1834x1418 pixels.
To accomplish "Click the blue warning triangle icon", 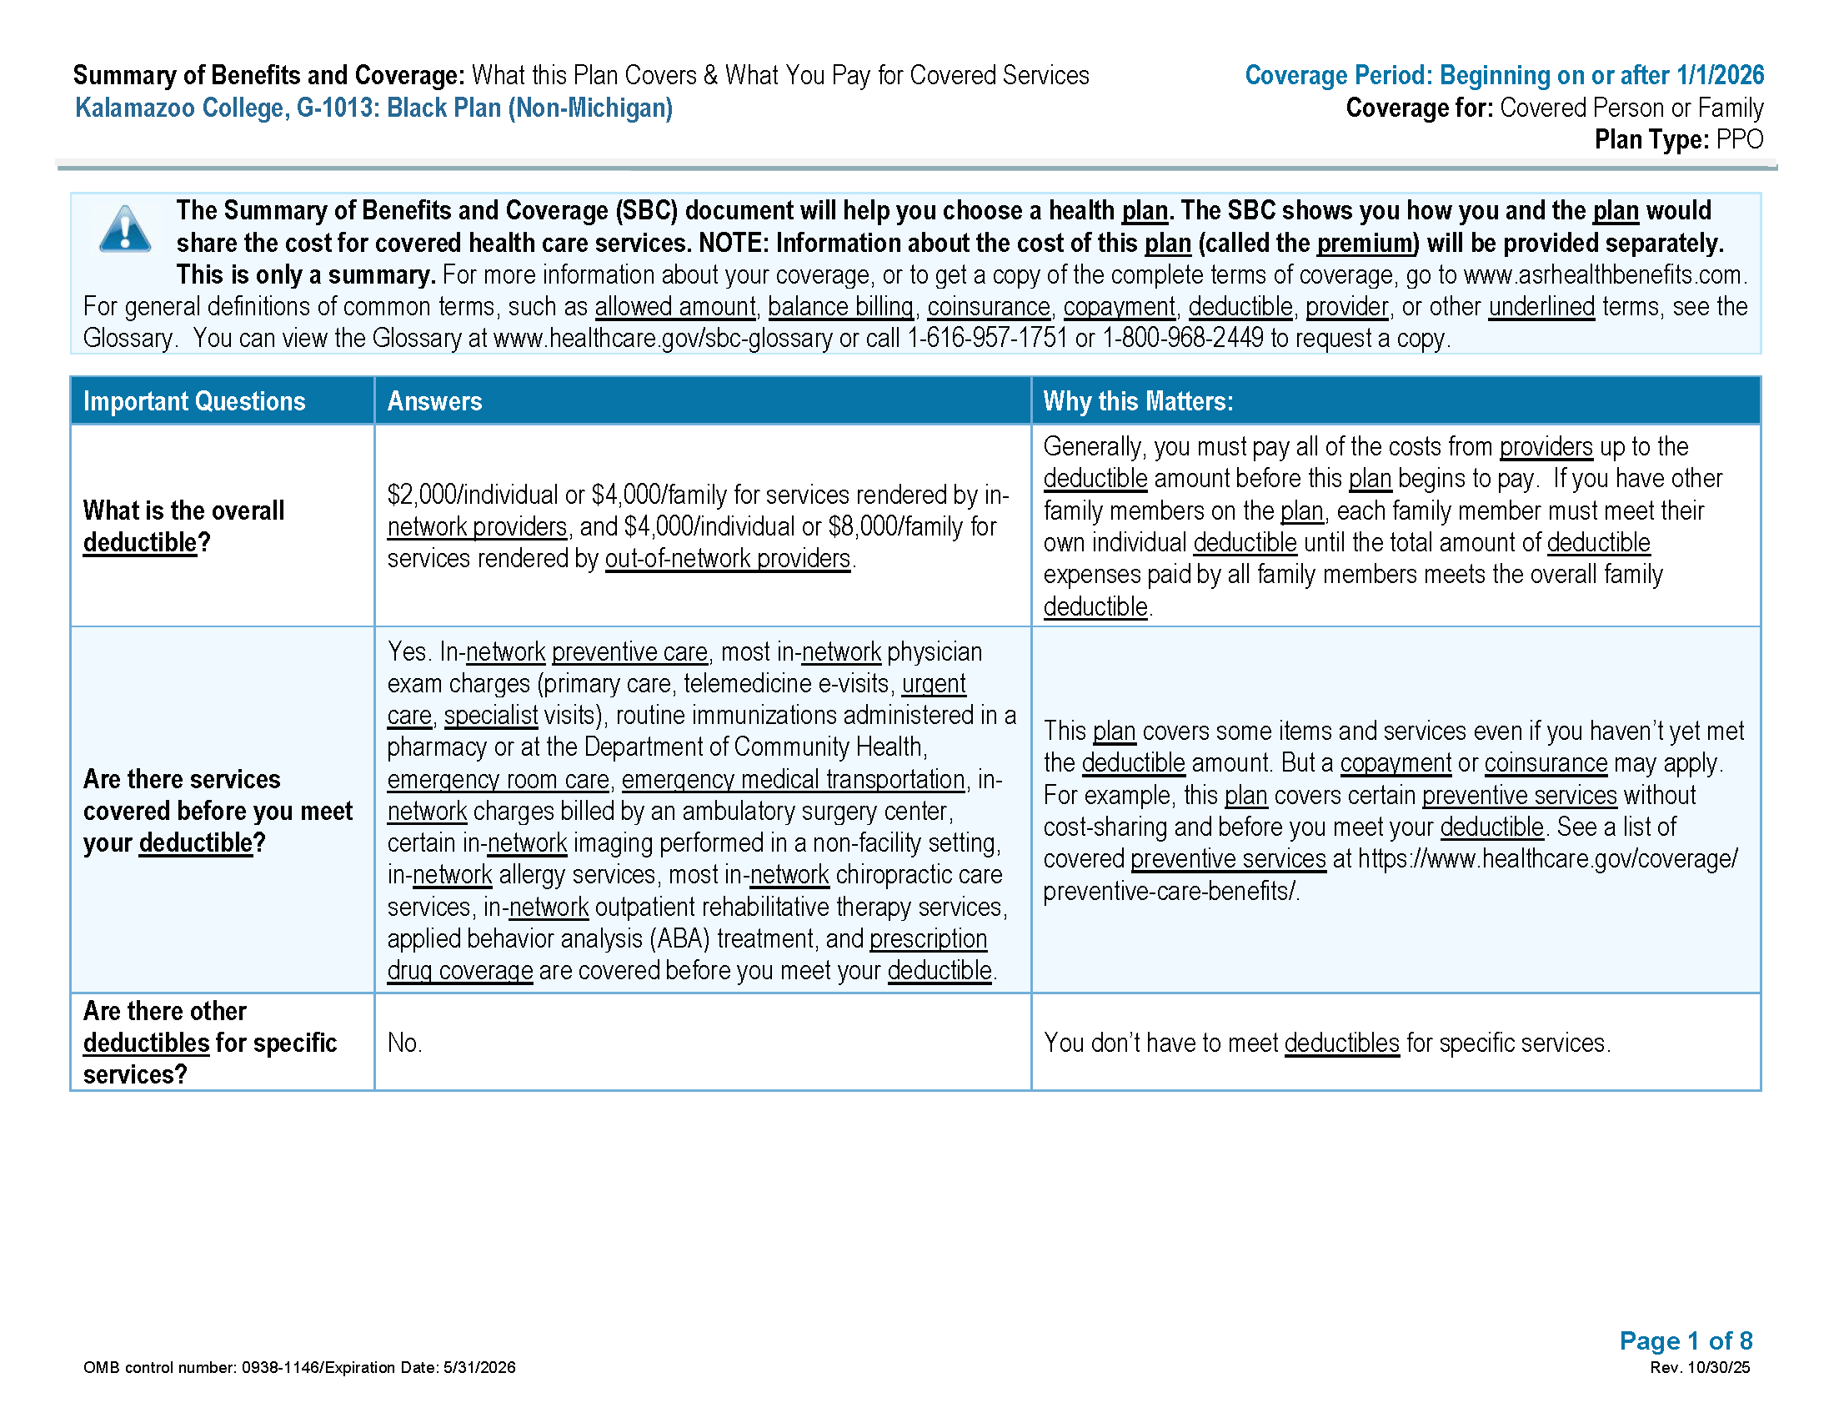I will coord(125,229).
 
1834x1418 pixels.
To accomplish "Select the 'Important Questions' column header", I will coord(194,401).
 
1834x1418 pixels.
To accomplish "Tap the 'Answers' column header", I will coord(434,401).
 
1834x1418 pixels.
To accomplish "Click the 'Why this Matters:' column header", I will coord(1138,401).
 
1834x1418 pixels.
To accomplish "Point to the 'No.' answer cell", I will coord(405,1043).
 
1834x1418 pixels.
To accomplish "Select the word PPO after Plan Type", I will coord(1739,139).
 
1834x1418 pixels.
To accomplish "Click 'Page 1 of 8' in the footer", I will coord(1686,1340).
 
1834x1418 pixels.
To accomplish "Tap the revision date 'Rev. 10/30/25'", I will coord(1700,1368).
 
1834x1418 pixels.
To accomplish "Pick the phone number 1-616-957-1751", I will coord(988,339).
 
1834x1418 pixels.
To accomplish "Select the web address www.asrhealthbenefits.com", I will coord(1601,275).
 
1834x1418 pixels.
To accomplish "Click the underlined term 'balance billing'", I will coord(840,308).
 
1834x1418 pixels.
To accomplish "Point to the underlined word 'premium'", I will coord(1366,244).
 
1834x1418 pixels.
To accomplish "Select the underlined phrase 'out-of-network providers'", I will coord(727,559).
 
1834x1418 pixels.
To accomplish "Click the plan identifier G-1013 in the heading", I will coord(336,108).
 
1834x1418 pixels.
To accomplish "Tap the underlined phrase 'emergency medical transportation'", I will coord(793,780).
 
